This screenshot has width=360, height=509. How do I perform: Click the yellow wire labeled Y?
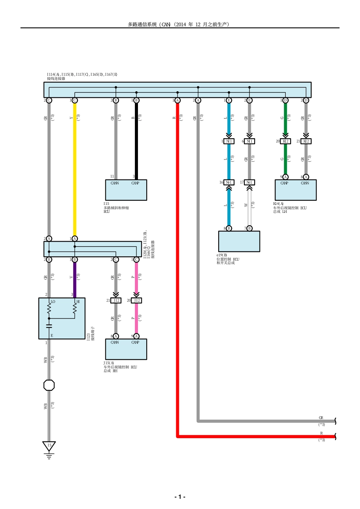[x=75, y=170]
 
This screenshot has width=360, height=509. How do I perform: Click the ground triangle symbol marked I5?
[x=49, y=446]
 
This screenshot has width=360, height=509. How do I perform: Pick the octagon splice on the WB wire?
[x=49, y=385]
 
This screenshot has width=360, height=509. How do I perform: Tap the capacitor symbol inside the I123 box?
[x=49, y=325]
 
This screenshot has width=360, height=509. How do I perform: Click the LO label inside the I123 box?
[x=53, y=302]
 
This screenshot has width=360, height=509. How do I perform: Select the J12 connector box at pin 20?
[x=136, y=300]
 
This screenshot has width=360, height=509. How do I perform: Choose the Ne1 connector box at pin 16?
[x=229, y=183]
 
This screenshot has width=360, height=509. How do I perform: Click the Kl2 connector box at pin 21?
[x=306, y=141]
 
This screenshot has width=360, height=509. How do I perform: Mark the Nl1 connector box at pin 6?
[x=249, y=141]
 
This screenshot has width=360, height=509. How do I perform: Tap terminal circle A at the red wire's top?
[x=177, y=100]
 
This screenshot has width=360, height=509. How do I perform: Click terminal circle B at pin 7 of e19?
[x=249, y=228]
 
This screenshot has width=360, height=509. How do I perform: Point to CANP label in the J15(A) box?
[x=135, y=342]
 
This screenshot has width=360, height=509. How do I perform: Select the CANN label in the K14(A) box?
[x=305, y=183]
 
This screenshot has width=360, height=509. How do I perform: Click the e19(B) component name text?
[x=222, y=255]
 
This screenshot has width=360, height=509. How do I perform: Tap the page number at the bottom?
[x=180, y=497]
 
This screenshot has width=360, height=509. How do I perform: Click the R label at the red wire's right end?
[x=321, y=433]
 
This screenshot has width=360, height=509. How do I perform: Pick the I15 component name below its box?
[x=106, y=204]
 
